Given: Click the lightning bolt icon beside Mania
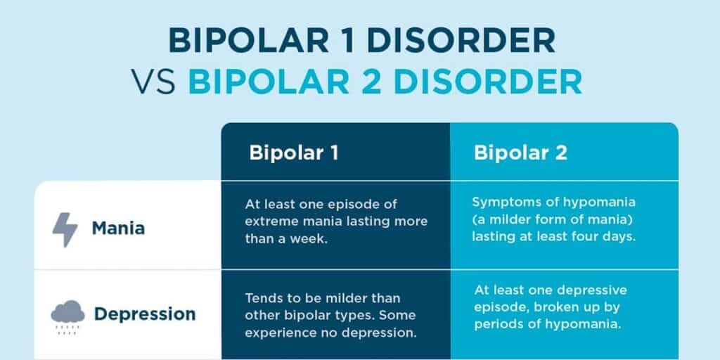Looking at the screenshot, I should coord(65,229).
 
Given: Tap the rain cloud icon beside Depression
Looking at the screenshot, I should coord(67,314).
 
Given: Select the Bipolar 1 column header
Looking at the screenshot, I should coord(294,153).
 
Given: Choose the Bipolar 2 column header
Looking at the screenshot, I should coord(520,153).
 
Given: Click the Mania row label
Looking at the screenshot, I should coord(118,229).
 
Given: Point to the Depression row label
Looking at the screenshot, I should coord(145,314).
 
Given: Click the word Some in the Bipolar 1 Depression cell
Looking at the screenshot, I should coord(404,315).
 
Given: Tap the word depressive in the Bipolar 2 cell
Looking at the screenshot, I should coord(594,290).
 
